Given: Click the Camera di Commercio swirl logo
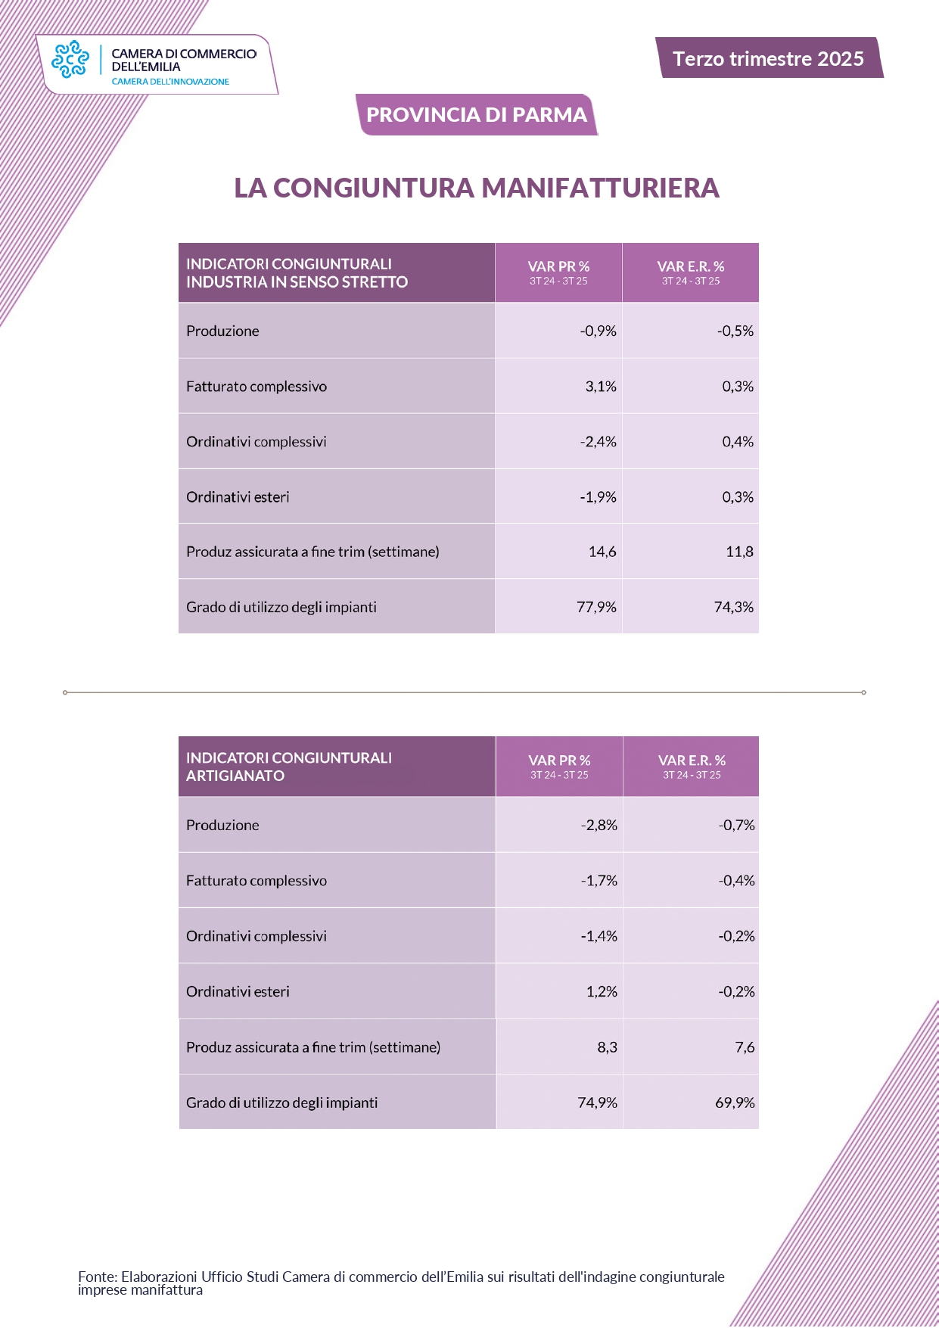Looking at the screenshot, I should pos(70,59).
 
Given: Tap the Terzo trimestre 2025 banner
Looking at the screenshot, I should pos(768,59).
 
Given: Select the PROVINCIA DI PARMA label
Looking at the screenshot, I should pos(477,115).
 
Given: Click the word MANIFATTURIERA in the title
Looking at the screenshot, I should pos(600,188).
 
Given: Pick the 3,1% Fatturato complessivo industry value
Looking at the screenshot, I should pos(601,387).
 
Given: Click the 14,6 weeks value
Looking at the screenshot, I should pos(602,552).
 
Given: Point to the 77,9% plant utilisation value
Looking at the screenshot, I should pos(596,608).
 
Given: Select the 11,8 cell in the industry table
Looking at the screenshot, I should pos(739,552).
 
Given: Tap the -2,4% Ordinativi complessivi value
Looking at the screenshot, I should pos(598,442).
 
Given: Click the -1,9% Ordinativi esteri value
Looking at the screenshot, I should pos(598,497).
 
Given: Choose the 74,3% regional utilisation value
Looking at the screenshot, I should pos(733,608).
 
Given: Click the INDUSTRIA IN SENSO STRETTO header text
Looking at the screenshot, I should pos(297,282).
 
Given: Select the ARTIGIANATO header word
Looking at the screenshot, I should pos(235,776).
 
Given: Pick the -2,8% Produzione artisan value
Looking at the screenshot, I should pos(599,826).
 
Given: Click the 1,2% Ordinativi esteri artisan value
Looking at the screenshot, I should pos(602,992).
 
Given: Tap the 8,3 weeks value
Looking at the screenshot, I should pos(607,1048).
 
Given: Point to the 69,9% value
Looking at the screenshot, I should pos(735,1103).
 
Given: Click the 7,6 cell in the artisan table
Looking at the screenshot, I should pos(745,1048).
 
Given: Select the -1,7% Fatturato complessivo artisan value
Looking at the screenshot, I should pos(599,881).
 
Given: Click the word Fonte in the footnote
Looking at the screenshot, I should pos(96,1277).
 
